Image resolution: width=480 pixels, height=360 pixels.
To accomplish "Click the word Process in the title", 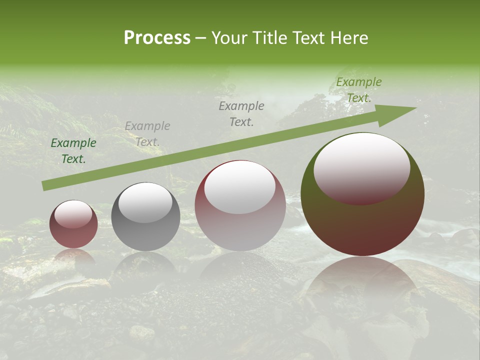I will coord(157,38).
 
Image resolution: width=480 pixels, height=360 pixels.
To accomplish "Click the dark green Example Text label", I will coord(73,151).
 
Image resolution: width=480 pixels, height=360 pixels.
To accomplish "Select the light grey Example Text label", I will coord(147,134).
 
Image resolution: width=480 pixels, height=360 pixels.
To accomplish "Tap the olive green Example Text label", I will coord(359,90).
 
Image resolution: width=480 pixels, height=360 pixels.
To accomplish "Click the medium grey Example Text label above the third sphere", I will coord(241,114).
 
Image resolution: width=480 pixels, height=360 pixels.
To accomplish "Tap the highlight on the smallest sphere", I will coord(73,214).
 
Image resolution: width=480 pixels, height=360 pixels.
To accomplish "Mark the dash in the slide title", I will coord(201,38).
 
